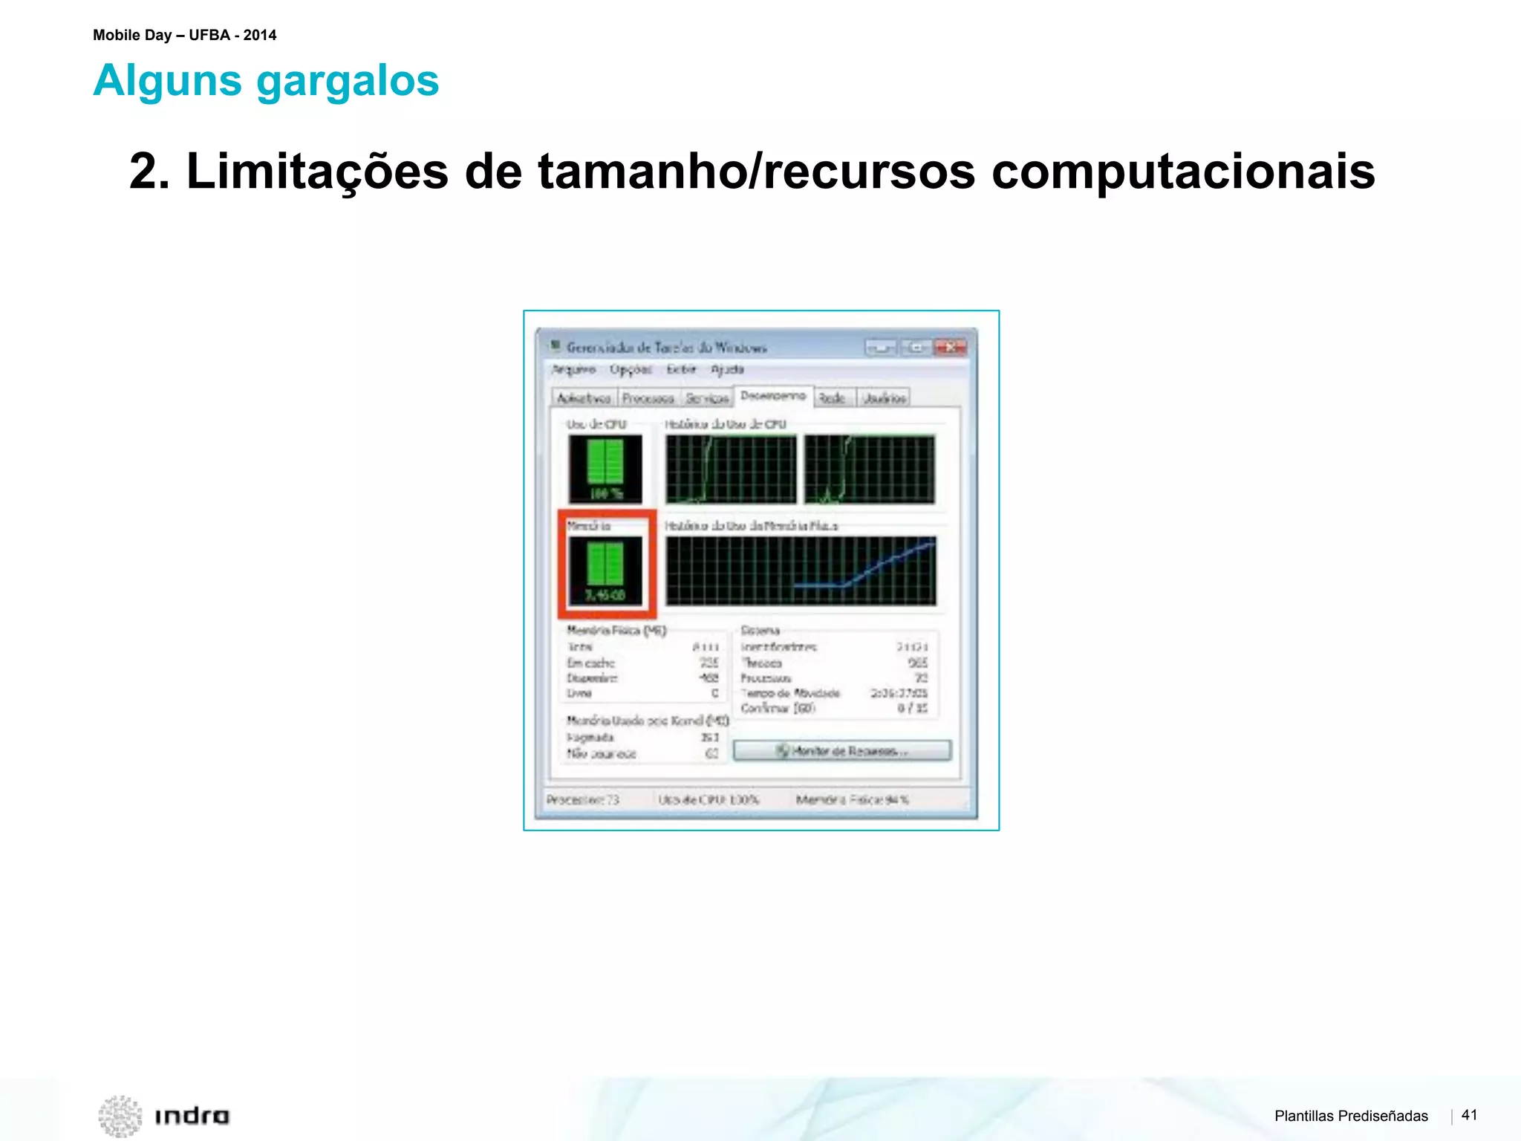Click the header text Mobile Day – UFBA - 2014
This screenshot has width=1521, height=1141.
click(x=184, y=35)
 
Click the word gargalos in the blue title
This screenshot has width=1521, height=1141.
click(x=348, y=81)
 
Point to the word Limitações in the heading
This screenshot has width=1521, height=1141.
click(x=317, y=172)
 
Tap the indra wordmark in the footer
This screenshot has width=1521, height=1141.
click(x=192, y=1116)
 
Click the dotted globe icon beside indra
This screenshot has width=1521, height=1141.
click(x=120, y=1116)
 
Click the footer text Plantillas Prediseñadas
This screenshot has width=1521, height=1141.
click(x=1350, y=1116)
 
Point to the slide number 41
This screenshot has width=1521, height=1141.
click(x=1469, y=1115)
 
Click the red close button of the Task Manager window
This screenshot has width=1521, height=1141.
click(x=950, y=347)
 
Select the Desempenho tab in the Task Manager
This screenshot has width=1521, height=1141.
click(x=772, y=396)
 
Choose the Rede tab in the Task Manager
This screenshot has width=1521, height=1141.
click(x=832, y=398)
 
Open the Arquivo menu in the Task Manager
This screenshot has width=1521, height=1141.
click(x=573, y=369)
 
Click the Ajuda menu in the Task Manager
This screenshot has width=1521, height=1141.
click(x=726, y=369)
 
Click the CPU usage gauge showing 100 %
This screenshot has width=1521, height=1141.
click(x=605, y=469)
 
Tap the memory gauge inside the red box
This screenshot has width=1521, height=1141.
click(x=605, y=570)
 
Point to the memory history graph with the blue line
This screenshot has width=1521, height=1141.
click(x=800, y=570)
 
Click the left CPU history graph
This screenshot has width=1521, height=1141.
click(x=730, y=469)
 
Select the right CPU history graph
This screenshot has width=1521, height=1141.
click(x=869, y=469)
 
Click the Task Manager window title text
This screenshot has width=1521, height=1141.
click(x=666, y=347)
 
